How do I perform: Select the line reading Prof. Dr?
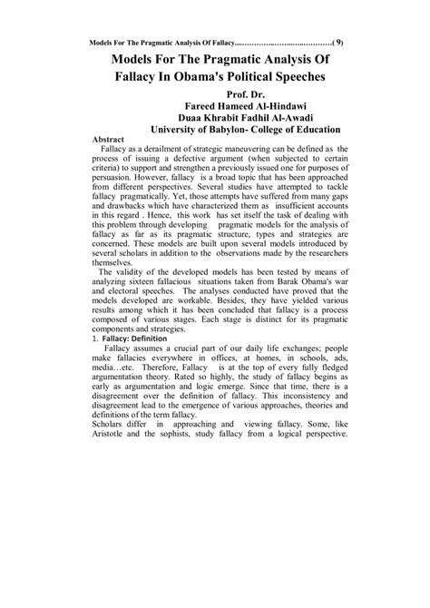(x=243, y=95)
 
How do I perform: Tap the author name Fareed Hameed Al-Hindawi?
(x=242, y=108)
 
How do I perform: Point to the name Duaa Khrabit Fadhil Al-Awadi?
(x=242, y=121)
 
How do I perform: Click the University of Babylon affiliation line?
(x=242, y=133)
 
